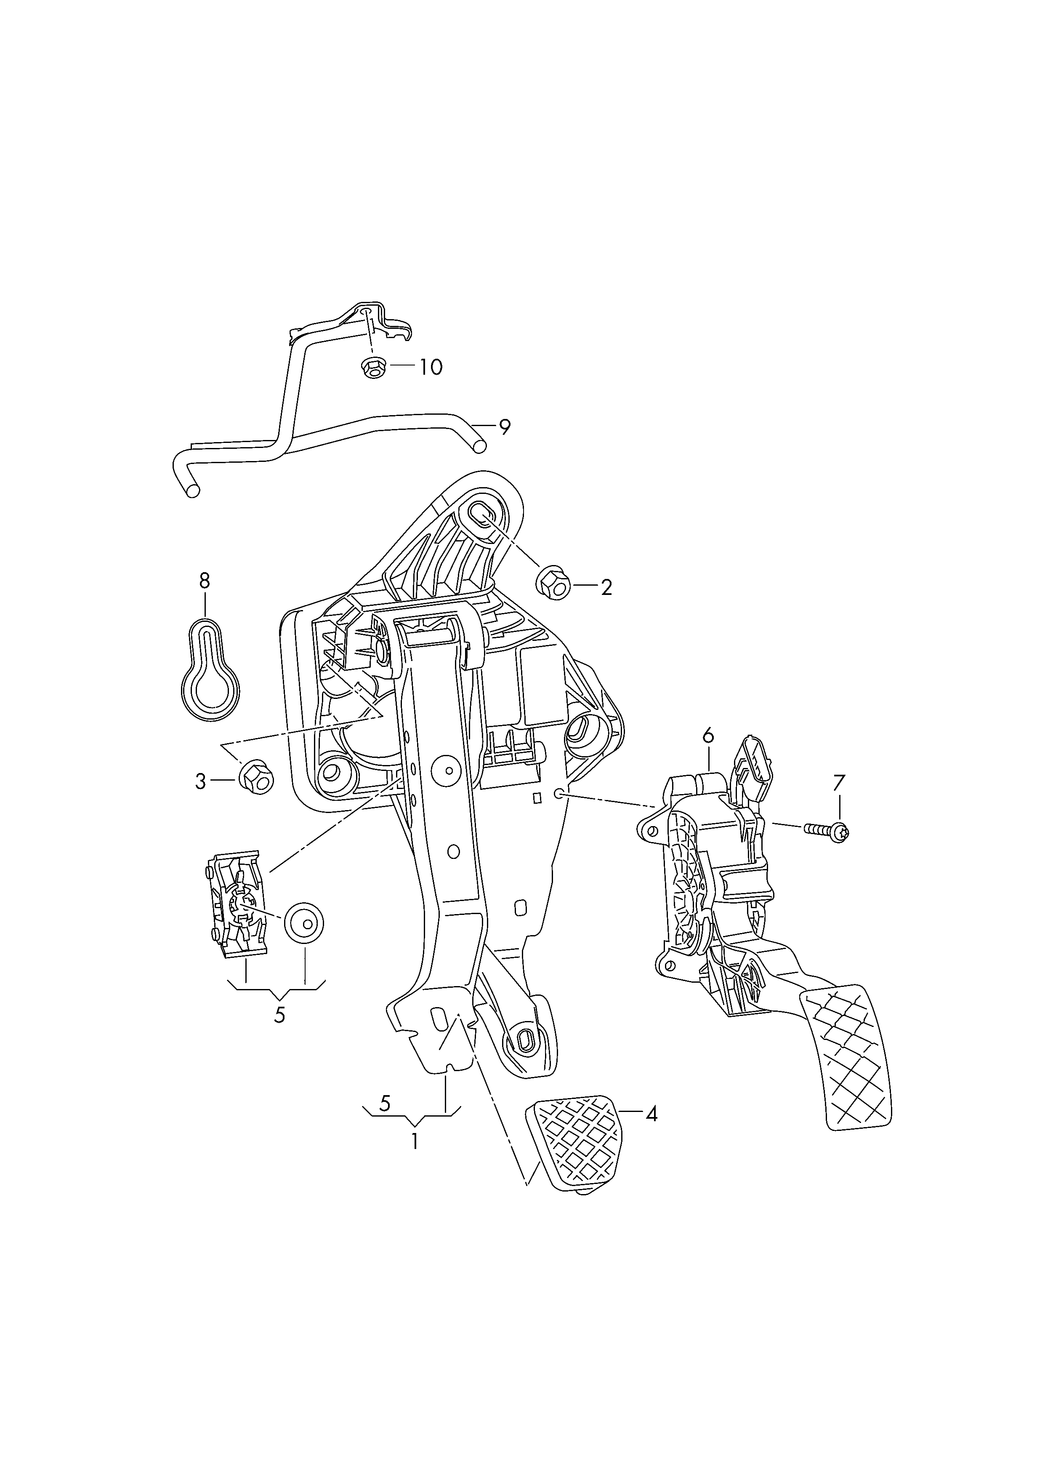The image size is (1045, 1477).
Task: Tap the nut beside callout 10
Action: (372, 368)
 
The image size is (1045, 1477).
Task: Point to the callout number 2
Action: (606, 587)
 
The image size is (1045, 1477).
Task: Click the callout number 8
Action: (205, 581)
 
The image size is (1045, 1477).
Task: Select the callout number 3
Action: (201, 781)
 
